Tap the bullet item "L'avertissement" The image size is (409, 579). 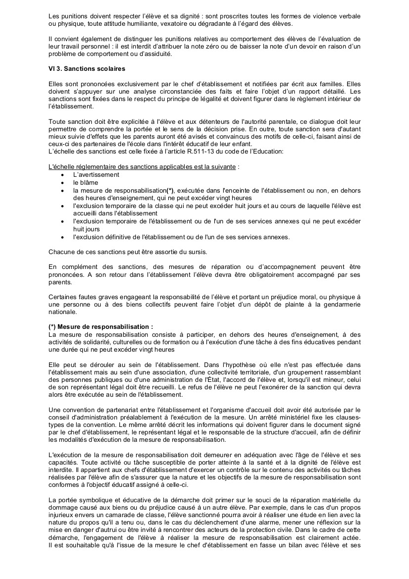pyautogui.click(x=96, y=175)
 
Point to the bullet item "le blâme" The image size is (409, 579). pyautogui.click(x=85, y=182)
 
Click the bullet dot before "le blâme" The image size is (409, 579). pyautogui.click(x=62, y=183)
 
